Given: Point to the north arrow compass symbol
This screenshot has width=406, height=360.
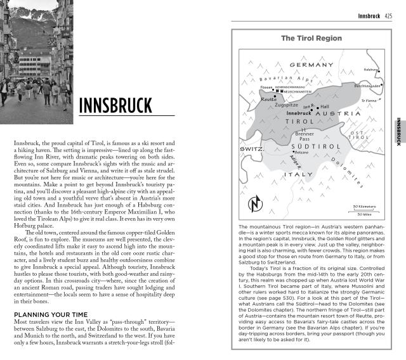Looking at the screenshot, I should pos(255,204).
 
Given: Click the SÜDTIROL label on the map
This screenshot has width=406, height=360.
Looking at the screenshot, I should pos(307,146).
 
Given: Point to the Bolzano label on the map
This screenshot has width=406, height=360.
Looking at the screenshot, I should pos(301,153).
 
